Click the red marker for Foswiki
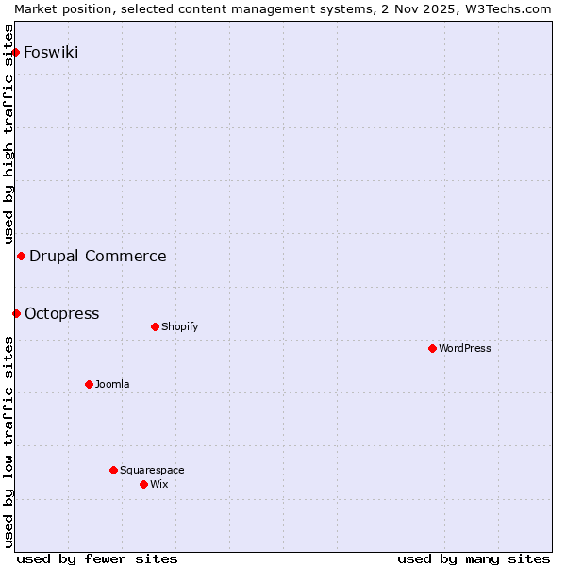(x=16, y=52)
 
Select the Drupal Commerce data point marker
(x=21, y=256)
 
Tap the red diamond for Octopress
(x=16, y=313)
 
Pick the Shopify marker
(x=155, y=326)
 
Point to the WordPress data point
(x=432, y=348)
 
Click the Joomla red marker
(x=89, y=384)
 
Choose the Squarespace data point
(x=113, y=470)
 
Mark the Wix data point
(x=143, y=484)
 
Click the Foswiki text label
(x=51, y=52)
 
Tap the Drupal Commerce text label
(x=98, y=256)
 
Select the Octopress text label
(x=61, y=313)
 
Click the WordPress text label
(x=465, y=348)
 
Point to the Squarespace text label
(x=152, y=470)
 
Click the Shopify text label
(x=179, y=326)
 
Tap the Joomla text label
(x=112, y=384)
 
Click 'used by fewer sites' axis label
(x=97, y=558)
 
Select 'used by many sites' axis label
(x=474, y=558)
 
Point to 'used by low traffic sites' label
(x=9, y=441)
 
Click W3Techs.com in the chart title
(x=506, y=8)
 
